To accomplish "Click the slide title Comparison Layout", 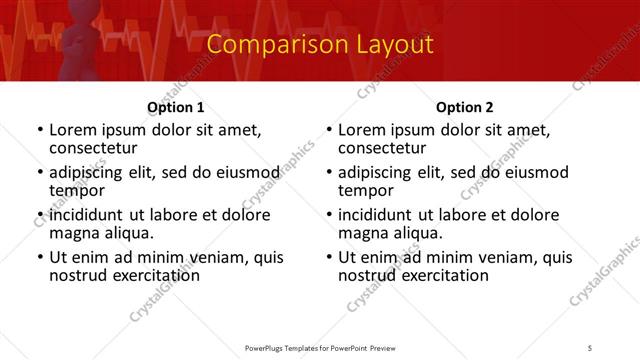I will point(320,45).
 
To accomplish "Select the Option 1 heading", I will point(176,107).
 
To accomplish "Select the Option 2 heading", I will point(464,107).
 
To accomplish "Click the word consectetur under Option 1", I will point(96,148).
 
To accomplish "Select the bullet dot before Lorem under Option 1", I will point(39,131).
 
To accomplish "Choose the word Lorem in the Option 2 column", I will point(362,130).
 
